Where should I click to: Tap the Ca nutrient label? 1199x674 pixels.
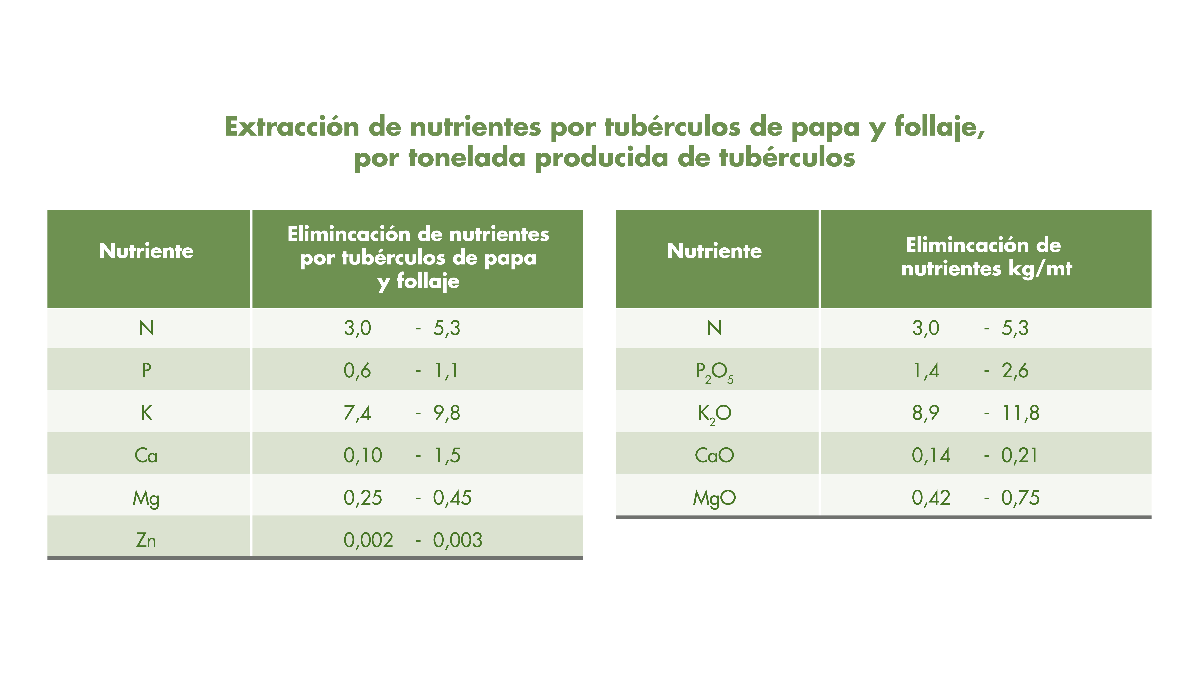tap(146, 455)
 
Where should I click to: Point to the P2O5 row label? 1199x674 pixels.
tap(714, 372)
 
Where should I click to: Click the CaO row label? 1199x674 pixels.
tap(714, 455)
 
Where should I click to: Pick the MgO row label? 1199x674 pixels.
tap(714, 498)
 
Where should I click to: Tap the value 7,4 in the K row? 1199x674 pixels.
tap(357, 413)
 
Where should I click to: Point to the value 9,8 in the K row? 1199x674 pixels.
tap(447, 413)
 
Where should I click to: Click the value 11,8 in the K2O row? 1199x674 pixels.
tap(1020, 413)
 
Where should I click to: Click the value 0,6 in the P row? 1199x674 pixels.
tap(357, 371)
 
